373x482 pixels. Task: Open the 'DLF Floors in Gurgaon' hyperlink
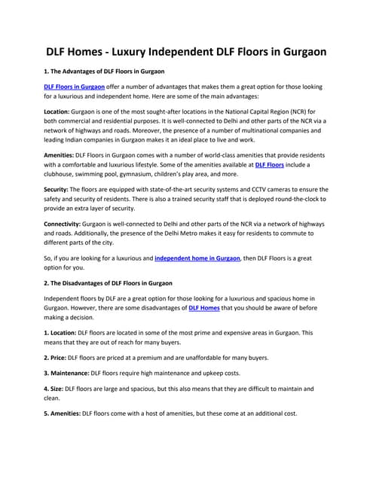[x=74, y=108]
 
